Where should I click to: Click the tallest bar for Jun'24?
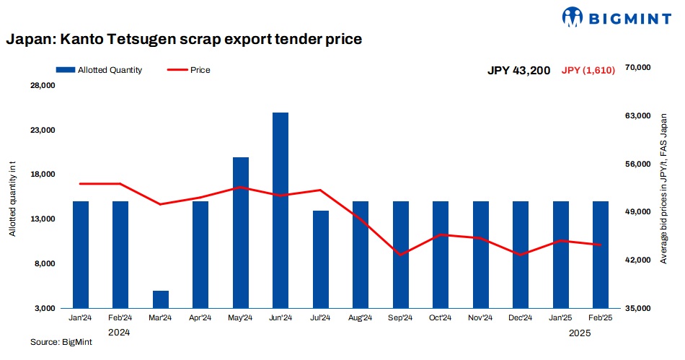click(x=280, y=210)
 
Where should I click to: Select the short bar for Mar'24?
click(x=160, y=299)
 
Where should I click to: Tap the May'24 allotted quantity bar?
click(x=240, y=232)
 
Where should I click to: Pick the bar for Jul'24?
click(x=321, y=259)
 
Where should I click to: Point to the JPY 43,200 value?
click(x=518, y=71)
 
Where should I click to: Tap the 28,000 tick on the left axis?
click(x=41, y=87)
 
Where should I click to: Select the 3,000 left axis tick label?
click(x=44, y=308)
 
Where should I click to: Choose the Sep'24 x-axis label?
click(x=401, y=318)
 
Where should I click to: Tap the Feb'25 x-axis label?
click(x=601, y=318)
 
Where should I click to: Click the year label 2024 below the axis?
click(x=119, y=333)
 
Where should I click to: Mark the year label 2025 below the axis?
click(x=580, y=333)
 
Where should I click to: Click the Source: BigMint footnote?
click(x=61, y=343)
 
